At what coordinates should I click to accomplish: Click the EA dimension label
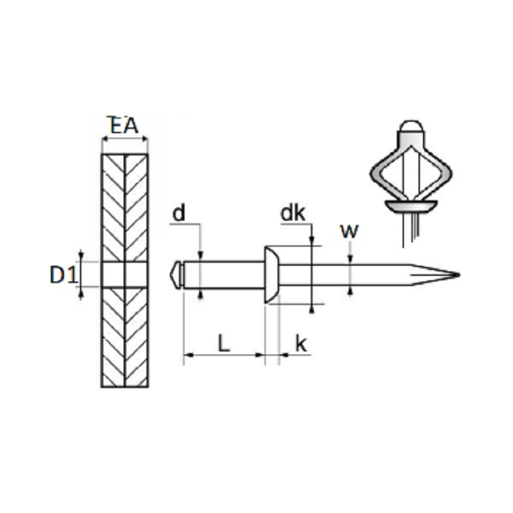(124, 126)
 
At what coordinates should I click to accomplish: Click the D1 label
(63, 275)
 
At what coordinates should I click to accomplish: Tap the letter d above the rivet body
(179, 214)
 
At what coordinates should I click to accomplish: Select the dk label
(293, 214)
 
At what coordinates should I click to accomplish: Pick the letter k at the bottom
(302, 344)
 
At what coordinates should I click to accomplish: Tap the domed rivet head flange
(271, 275)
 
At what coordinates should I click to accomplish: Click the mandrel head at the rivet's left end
(177, 275)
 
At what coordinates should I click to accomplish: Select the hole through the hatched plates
(124, 275)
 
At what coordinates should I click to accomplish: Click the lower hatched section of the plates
(124, 336)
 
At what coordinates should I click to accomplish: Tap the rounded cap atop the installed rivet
(411, 126)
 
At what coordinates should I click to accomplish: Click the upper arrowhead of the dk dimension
(312, 240)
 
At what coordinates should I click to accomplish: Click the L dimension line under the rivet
(223, 355)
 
